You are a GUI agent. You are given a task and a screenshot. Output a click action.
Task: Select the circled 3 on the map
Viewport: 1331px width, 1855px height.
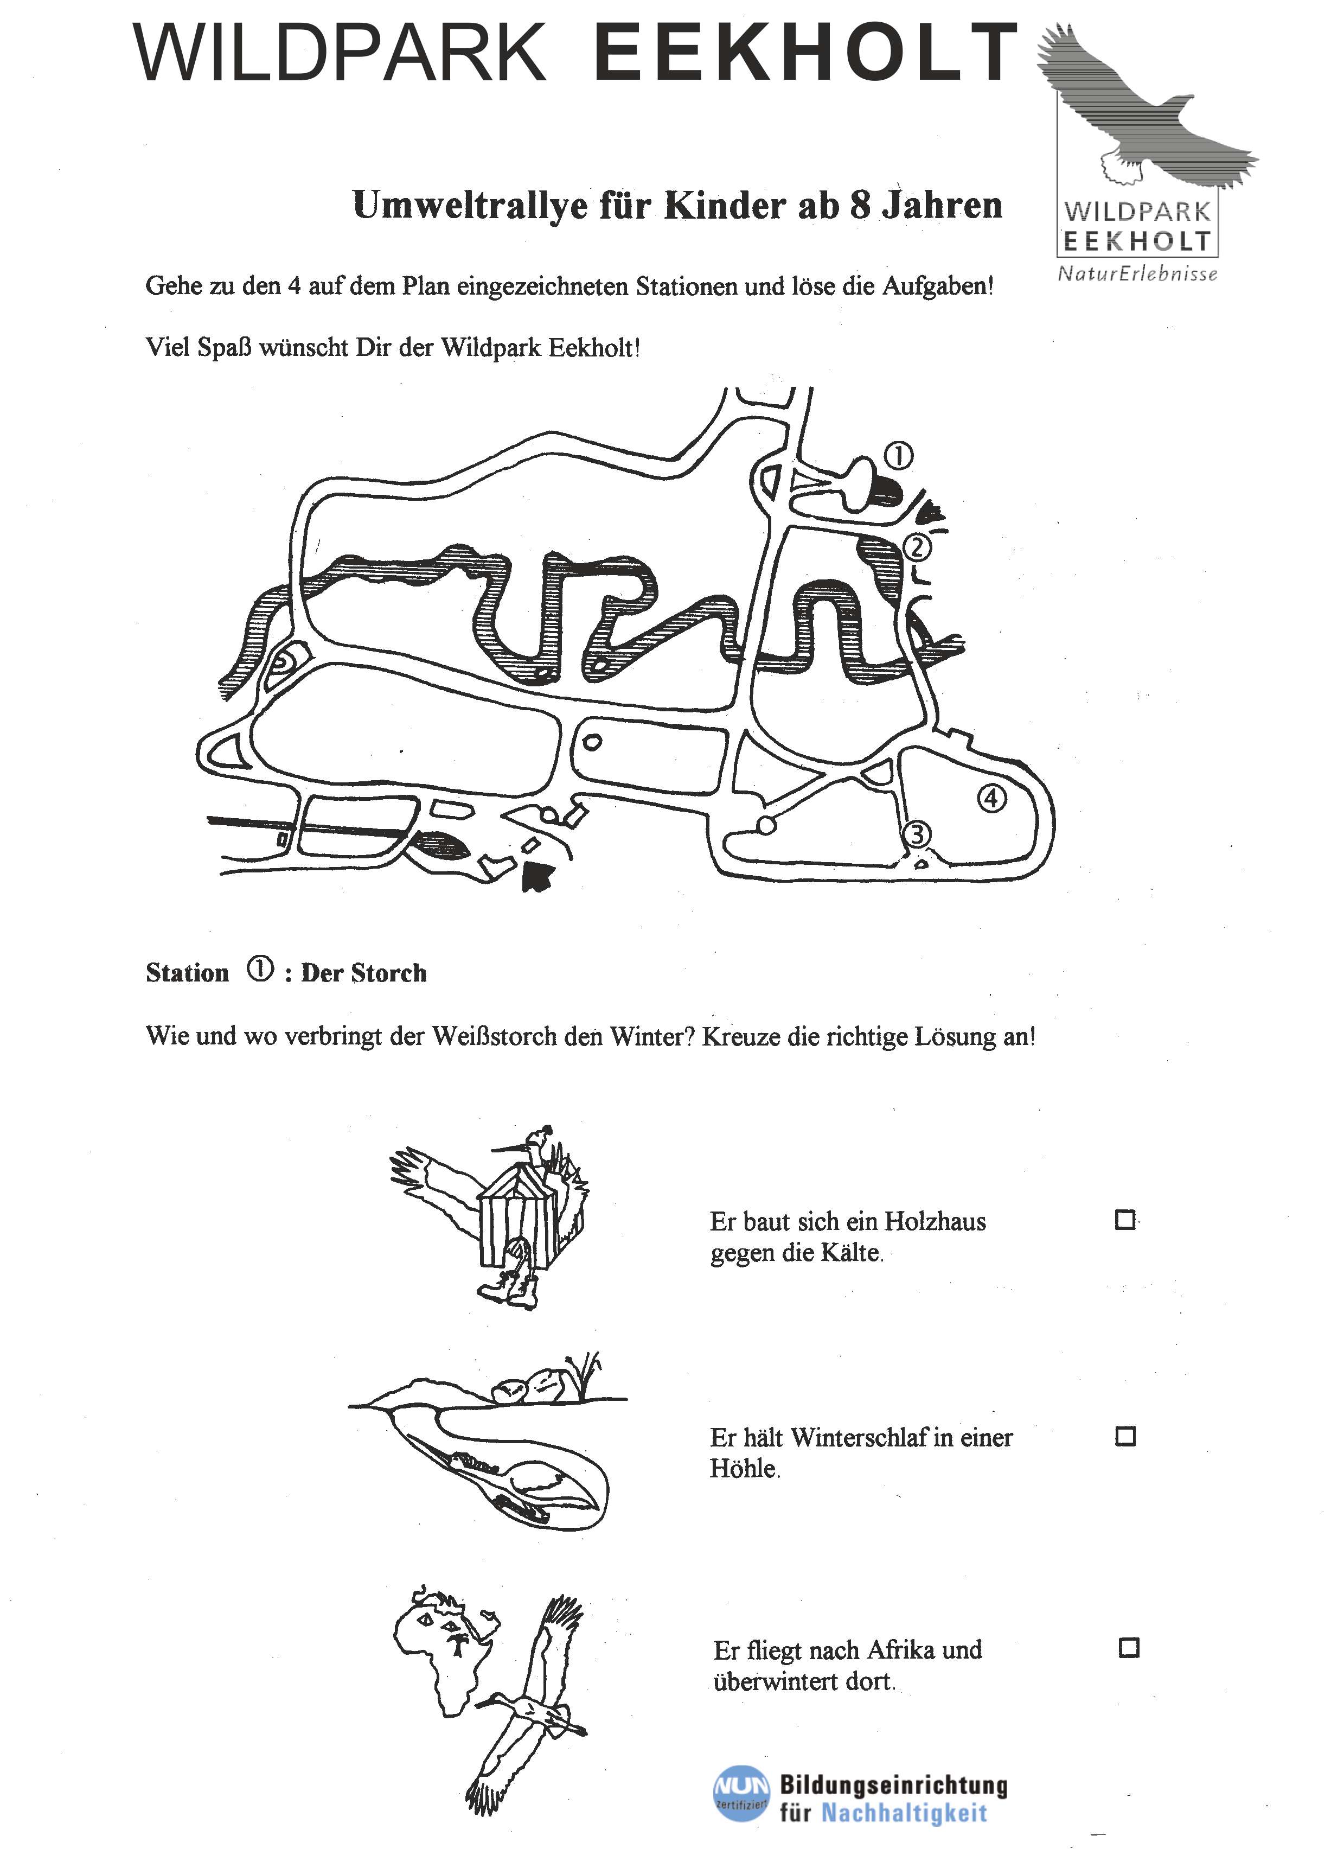click(x=917, y=834)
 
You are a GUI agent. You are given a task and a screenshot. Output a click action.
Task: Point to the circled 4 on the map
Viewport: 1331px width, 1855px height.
click(x=991, y=798)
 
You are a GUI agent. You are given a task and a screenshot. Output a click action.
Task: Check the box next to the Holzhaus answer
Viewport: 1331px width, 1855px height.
click(x=1125, y=1220)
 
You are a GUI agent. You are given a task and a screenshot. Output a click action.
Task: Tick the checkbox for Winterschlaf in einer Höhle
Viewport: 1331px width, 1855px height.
click(x=1125, y=1436)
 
